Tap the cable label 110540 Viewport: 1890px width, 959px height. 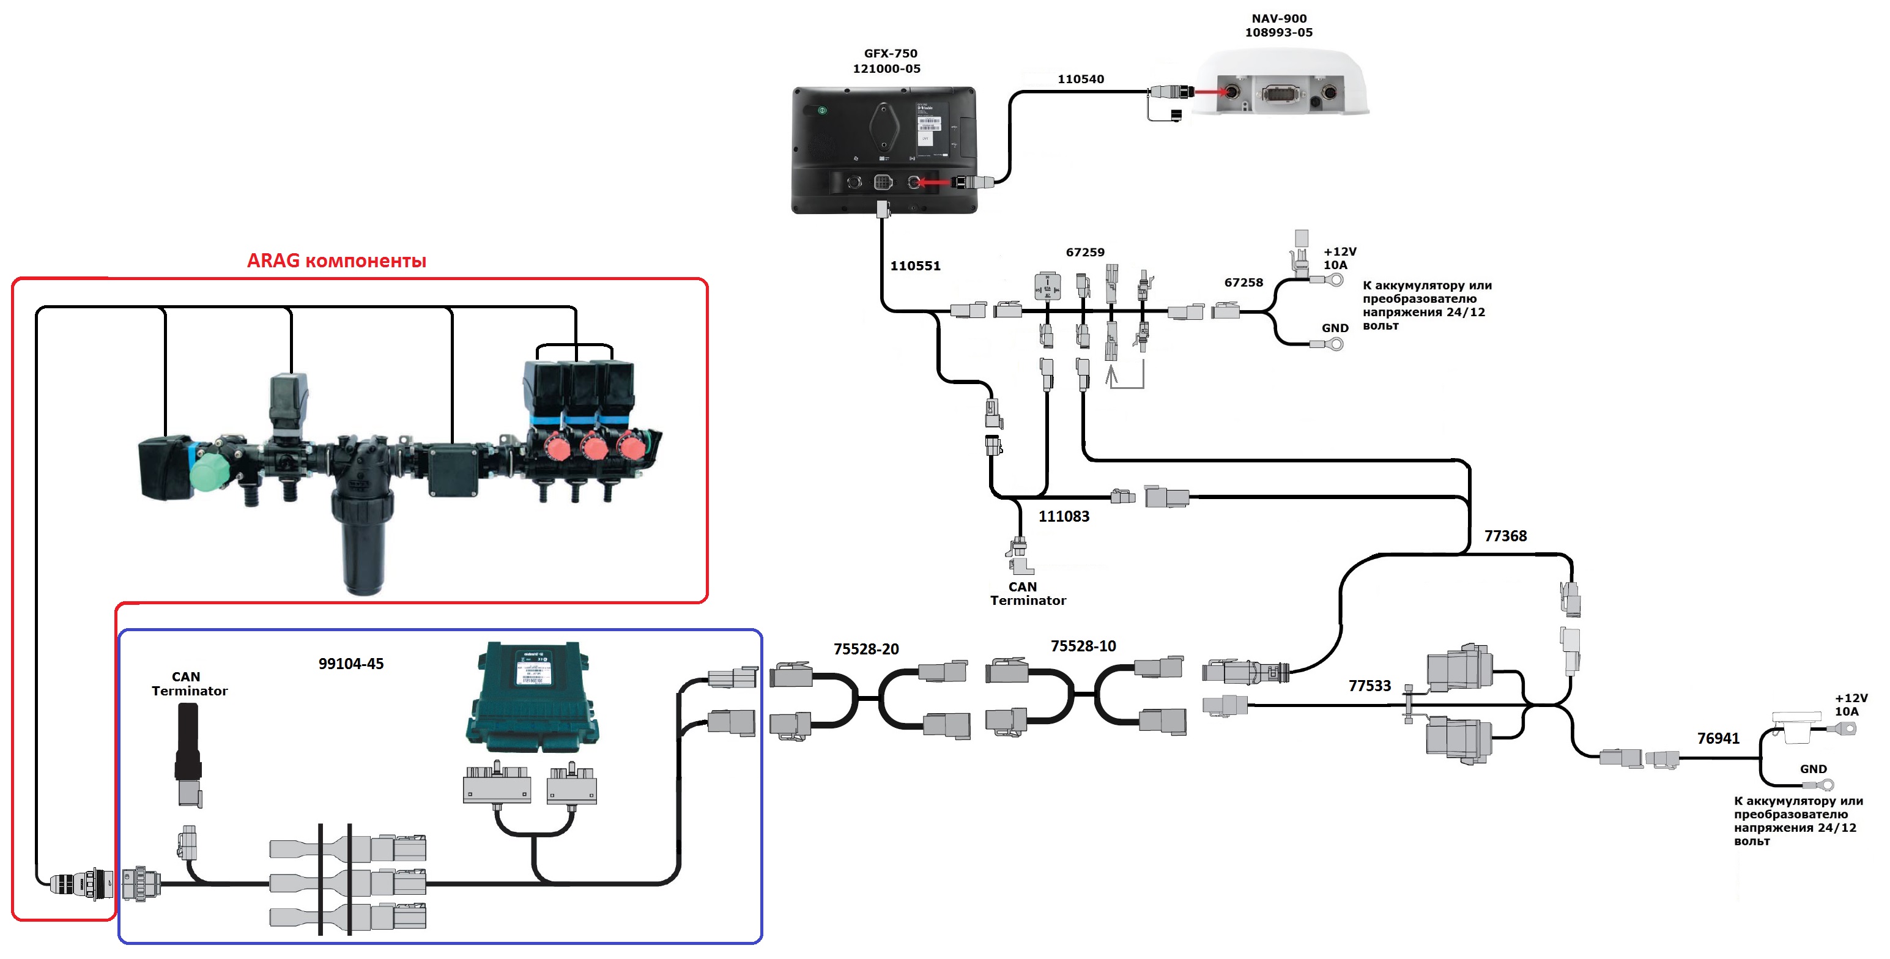click(x=1080, y=80)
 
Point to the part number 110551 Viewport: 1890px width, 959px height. click(x=915, y=265)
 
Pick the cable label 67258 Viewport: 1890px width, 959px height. click(x=1243, y=283)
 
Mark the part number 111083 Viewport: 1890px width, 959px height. click(x=1063, y=517)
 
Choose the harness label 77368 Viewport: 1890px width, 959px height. click(x=1505, y=536)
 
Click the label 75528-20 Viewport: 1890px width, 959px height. click(x=865, y=650)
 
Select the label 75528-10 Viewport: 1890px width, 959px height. click(x=1083, y=646)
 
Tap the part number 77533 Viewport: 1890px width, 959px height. click(x=1369, y=686)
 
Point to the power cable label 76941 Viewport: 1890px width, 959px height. click(x=1718, y=739)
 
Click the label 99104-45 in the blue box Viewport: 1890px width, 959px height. click(x=350, y=664)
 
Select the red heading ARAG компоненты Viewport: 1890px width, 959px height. click(x=336, y=261)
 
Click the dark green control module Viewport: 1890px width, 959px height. click(x=532, y=697)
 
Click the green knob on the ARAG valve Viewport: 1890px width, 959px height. click(x=210, y=472)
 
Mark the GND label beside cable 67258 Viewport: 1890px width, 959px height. click(x=1335, y=328)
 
